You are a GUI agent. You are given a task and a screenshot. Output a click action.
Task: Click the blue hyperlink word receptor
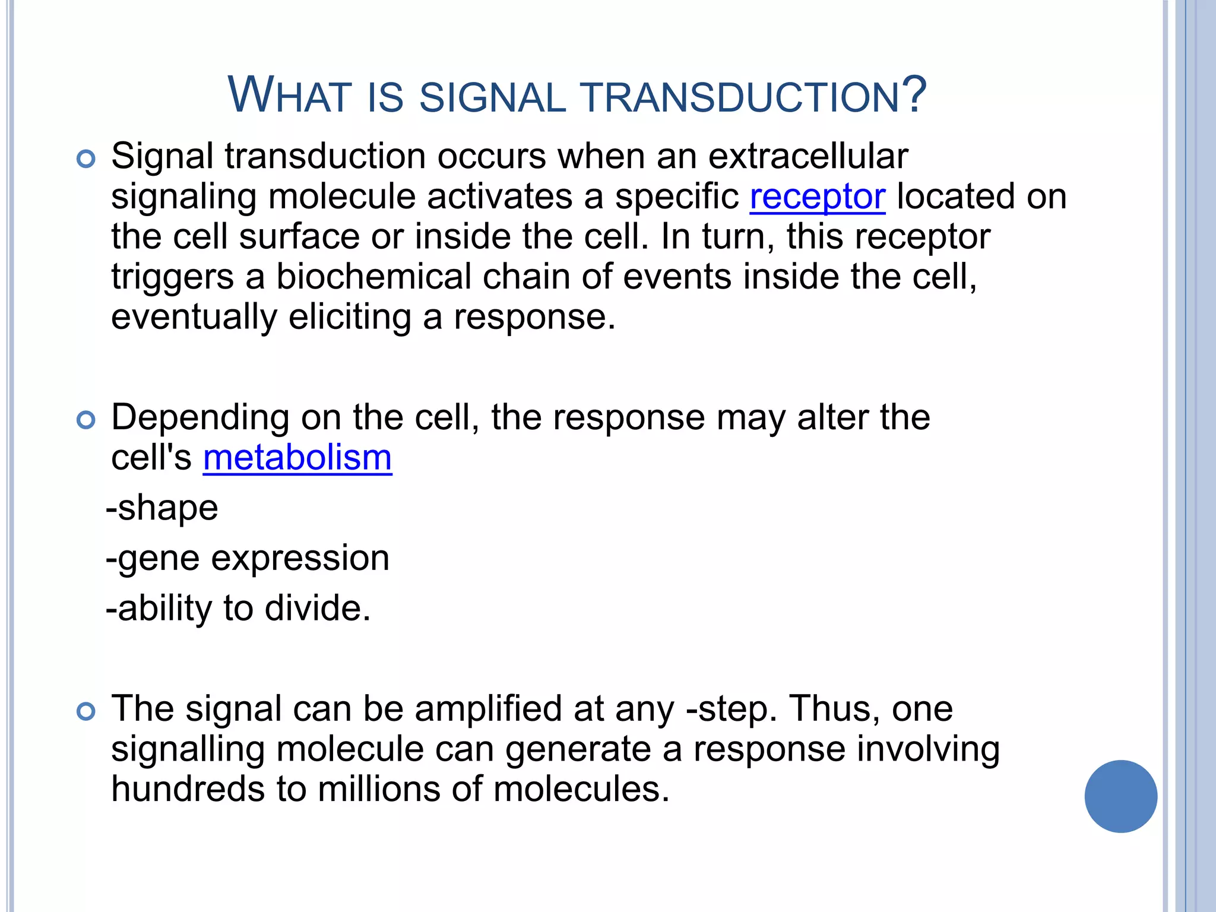pos(817,197)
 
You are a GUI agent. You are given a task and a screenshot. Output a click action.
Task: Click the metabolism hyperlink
pos(297,458)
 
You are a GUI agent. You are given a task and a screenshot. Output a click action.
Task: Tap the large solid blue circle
pos(1120,796)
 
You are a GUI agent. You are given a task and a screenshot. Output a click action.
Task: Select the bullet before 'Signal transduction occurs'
pos(86,159)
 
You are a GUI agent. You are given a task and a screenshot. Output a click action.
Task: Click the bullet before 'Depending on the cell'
pos(86,420)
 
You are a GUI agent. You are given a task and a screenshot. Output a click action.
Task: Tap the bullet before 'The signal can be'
pos(86,711)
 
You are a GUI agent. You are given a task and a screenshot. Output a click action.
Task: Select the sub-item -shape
pos(162,508)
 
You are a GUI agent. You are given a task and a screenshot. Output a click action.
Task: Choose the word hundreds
pos(188,790)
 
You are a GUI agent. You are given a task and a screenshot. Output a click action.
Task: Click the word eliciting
pos(350,318)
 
